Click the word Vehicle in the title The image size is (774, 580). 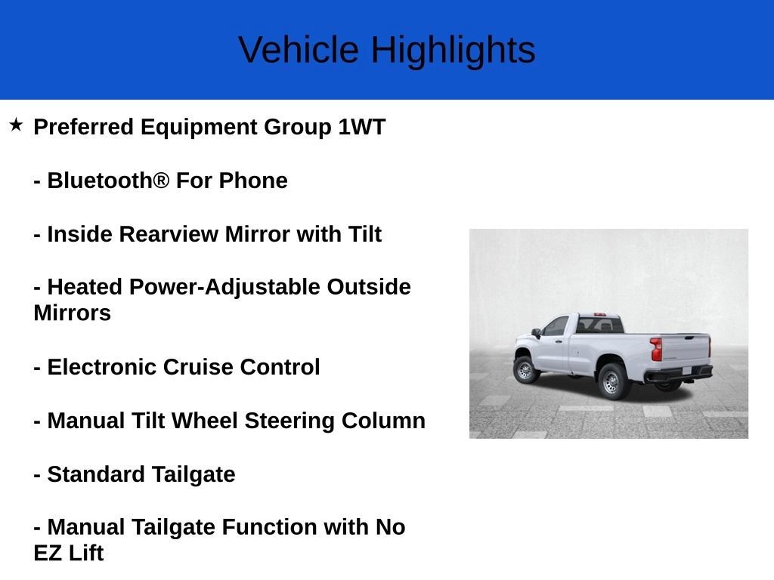click(299, 50)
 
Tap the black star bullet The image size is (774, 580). click(16, 125)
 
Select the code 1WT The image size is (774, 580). click(361, 127)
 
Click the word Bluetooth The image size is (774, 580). click(108, 180)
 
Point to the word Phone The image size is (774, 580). click(253, 180)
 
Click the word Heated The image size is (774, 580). click(85, 287)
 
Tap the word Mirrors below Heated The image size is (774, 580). click(72, 313)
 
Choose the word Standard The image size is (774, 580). click(96, 474)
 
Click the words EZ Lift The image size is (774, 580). click(69, 554)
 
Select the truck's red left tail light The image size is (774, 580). click(656, 349)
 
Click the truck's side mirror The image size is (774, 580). click(536, 333)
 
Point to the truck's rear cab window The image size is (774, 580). click(599, 325)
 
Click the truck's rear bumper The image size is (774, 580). click(679, 375)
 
